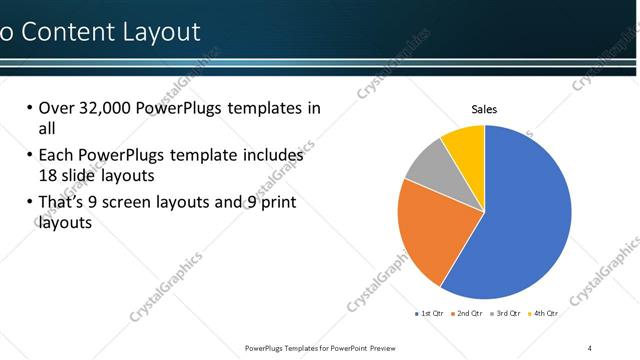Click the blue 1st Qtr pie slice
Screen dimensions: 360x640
[525, 215]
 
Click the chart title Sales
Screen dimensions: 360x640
[484, 109]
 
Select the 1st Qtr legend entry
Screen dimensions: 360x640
[430, 313]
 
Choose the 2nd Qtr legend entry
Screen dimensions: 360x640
[467, 313]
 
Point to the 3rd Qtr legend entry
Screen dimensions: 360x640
[505, 313]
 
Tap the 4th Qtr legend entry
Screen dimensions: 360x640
[542, 313]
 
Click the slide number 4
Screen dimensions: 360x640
[590, 347]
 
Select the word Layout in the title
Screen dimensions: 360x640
[161, 32]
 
